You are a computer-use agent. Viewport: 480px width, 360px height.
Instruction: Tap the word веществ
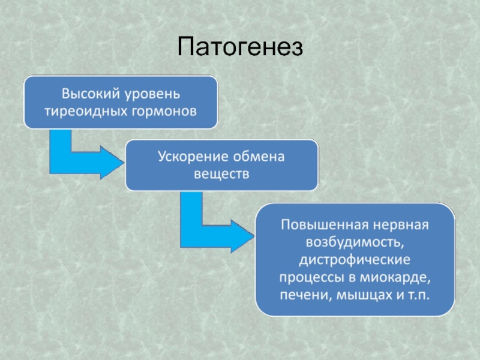click(x=221, y=173)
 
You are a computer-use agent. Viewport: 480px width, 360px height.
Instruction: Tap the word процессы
click(x=308, y=278)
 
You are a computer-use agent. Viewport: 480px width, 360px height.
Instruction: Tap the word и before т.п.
click(x=397, y=296)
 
